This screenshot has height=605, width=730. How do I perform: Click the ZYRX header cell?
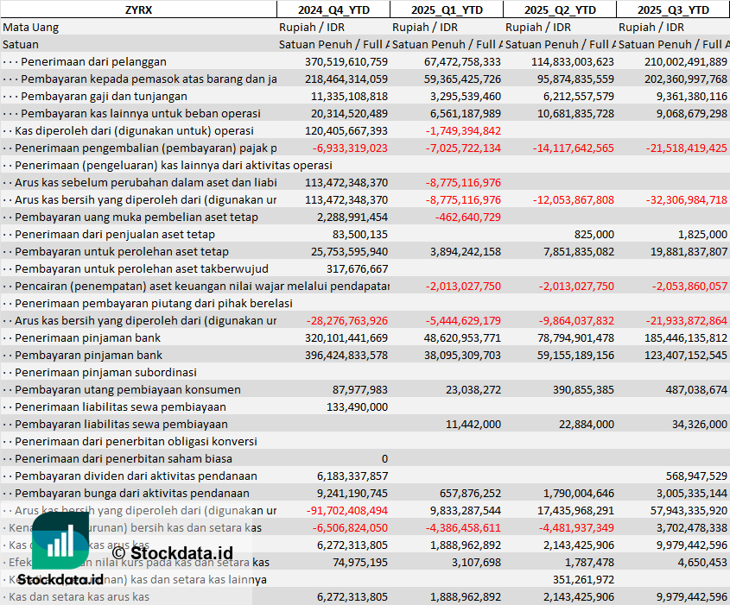(138, 9)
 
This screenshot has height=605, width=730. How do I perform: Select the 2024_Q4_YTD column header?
(333, 9)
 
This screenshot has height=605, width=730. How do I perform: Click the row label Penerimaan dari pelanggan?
(93, 61)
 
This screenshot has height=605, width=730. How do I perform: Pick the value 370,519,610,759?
(346, 61)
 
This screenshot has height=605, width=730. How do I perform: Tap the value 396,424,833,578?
(346, 355)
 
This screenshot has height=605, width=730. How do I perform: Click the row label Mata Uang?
(30, 27)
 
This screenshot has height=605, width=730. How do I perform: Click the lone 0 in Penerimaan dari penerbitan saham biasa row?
(384, 458)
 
